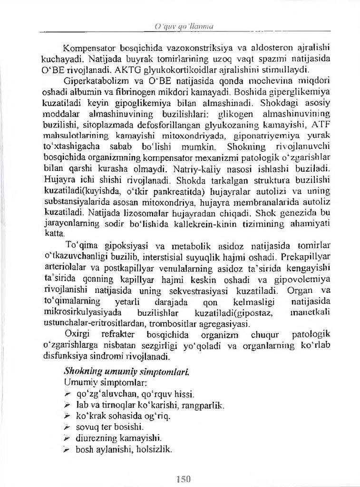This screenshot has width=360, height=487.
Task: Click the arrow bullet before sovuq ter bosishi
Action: point(68,427)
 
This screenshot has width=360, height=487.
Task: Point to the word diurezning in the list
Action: point(95,438)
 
